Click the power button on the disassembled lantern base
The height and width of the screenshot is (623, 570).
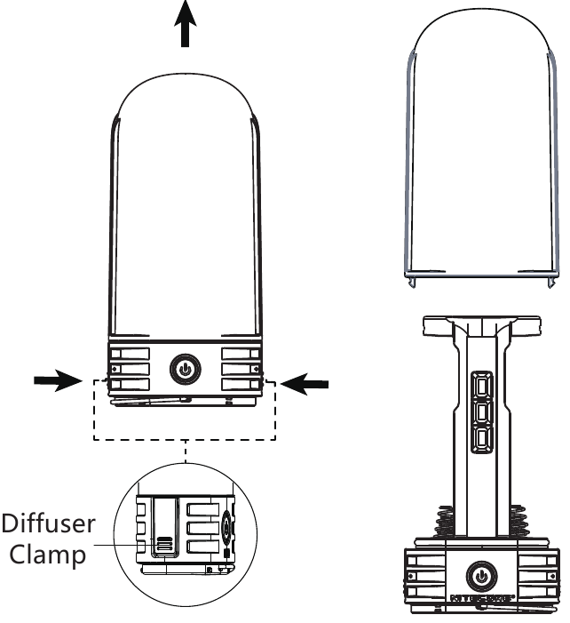click(481, 575)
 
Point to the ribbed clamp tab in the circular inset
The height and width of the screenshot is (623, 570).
click(165, 544)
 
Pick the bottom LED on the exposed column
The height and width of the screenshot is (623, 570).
click(482, 439)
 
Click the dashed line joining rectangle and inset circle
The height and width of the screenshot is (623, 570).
click(185, 452)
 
